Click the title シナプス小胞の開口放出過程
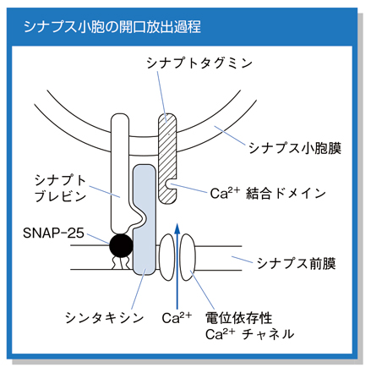point(112,27)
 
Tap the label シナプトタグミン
point(199,63)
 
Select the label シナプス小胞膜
point(295,148)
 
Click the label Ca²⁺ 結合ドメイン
point(268,194)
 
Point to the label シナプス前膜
point(296,264)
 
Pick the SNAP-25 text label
point(53,233)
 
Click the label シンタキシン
point(105,318)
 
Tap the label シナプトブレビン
point(60,189)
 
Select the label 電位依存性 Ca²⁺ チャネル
point(249,326)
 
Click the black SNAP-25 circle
point(121,245)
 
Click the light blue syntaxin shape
point(145,220)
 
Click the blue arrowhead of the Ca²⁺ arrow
point(177,228)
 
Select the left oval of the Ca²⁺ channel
point(166,257)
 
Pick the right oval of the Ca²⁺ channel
point(188,257)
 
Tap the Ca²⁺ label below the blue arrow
point(177,318)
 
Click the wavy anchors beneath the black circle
point(121,263)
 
